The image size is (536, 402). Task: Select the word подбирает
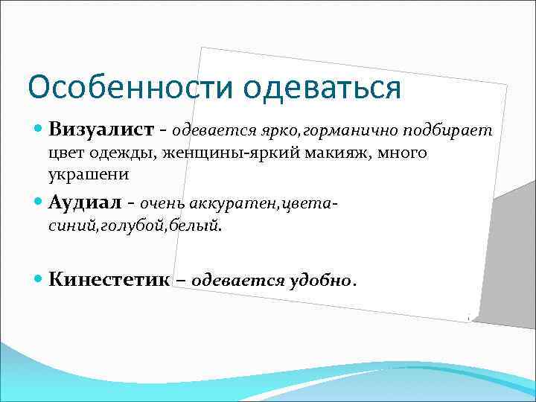[x=448, y=131]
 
